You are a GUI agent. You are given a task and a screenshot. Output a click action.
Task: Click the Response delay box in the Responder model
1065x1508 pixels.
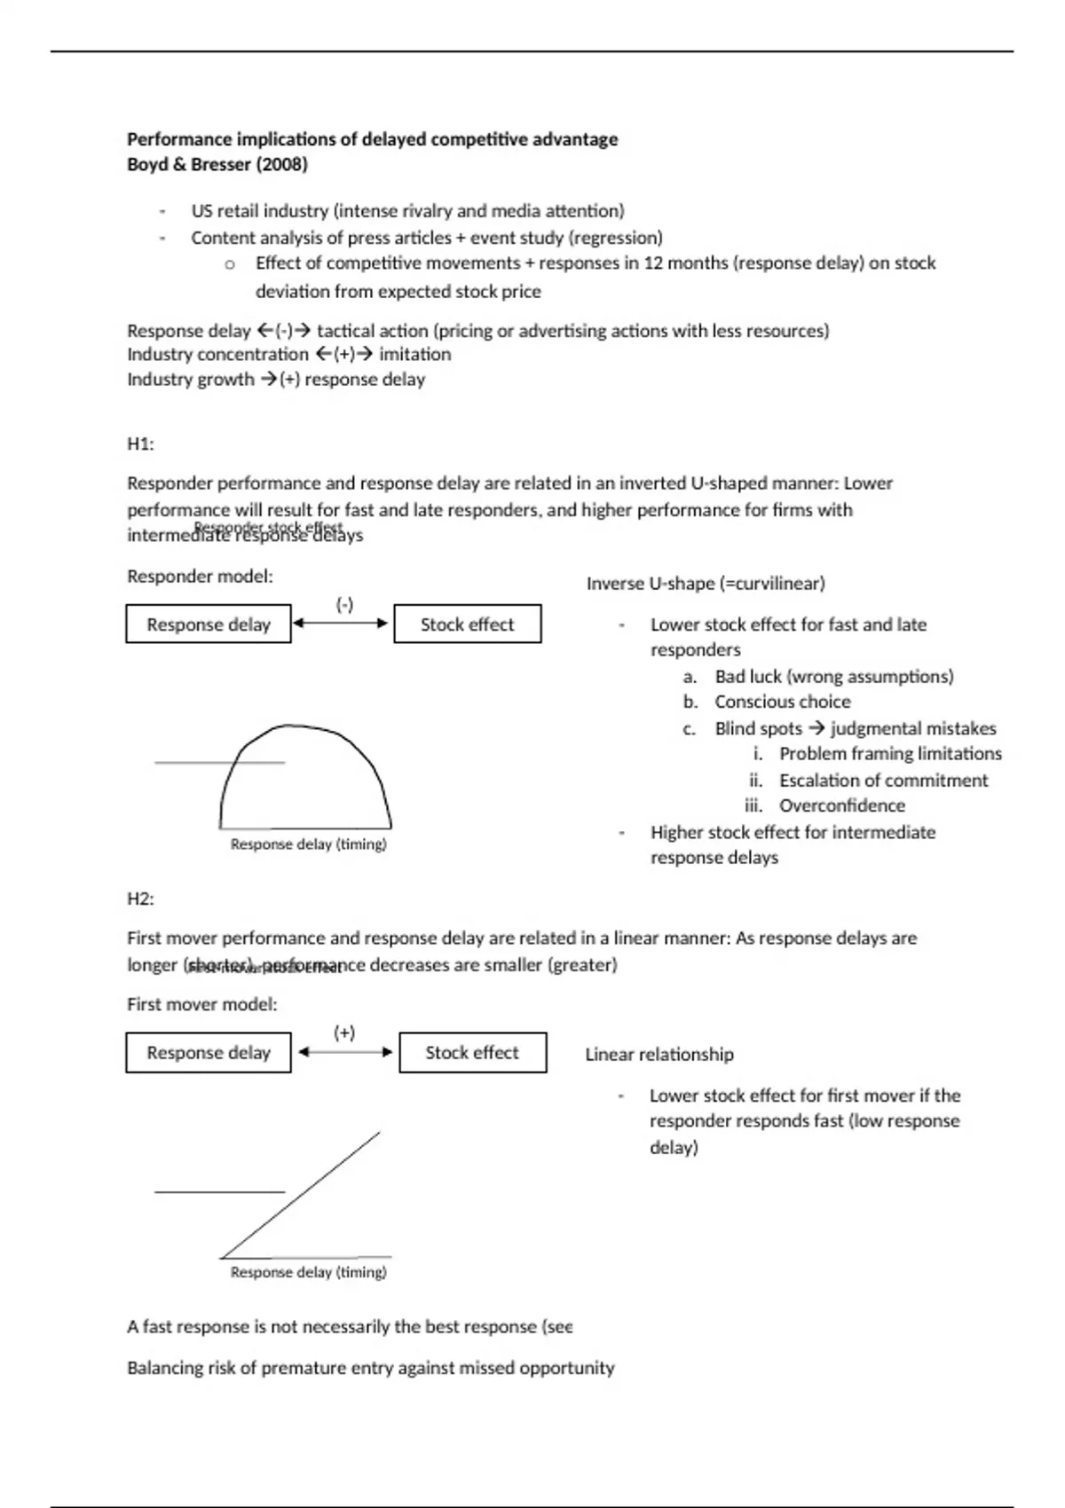click(209, 624)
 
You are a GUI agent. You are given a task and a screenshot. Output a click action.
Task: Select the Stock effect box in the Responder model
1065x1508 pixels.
click(467, 624)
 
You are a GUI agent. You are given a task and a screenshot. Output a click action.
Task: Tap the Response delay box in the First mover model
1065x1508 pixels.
click(209, 1053)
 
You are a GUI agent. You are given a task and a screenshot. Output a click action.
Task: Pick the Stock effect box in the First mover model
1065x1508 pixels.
click(472, 1053)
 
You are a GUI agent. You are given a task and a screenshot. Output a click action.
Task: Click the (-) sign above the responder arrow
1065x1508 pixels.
click(344, 605)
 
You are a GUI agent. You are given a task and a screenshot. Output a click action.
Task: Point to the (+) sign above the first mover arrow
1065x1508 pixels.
click(344, 1033)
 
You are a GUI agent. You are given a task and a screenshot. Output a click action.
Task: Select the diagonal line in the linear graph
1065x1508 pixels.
click(302, 1194)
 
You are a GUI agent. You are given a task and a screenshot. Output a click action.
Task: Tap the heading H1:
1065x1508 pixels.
click(140, 444)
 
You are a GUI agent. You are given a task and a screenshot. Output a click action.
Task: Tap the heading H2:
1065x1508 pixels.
click(140, 899)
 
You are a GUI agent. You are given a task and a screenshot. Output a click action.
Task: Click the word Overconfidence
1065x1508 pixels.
click(842, 805)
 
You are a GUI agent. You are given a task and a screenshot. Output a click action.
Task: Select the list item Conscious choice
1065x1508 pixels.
click(782, 702)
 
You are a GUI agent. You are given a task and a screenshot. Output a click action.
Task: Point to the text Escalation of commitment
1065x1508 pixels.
click(883, 781)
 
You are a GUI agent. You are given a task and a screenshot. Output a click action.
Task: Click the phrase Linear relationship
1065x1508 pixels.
click(659, 1055)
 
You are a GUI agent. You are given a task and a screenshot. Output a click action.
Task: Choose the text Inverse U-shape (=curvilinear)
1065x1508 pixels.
click(706, 584)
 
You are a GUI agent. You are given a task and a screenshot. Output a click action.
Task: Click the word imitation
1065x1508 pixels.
click(414, 354)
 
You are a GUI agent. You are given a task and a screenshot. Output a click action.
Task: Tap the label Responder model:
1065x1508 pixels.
click(200, 577)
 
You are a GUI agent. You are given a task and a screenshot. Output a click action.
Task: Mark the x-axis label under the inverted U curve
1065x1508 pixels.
click(308, 844)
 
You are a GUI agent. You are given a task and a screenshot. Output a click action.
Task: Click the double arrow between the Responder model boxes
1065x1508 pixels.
click(342, 623)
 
